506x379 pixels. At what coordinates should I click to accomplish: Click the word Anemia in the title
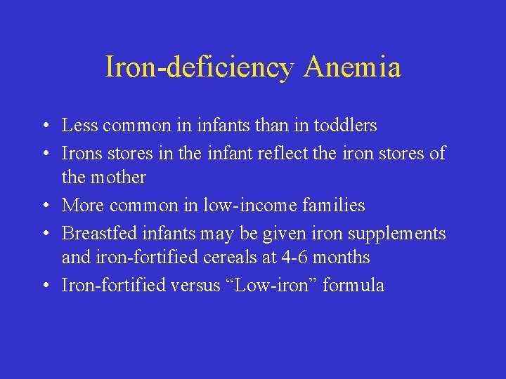click(x=353, y=67)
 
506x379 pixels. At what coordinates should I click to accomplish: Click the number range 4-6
click(x=294, y=258)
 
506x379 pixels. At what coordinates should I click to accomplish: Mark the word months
click(x=341, y=258)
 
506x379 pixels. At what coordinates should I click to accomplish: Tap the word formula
click(x=353, y=285)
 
